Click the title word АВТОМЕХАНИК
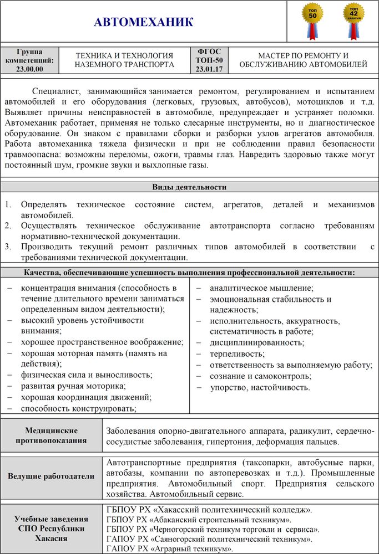coord(144,23)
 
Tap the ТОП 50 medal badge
coord(312,17)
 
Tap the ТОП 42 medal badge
coord(353,17)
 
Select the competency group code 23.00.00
coord(29,69)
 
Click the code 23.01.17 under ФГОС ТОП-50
coord(209,69)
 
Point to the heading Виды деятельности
coord(189,187)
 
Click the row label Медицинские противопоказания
coord(51,435)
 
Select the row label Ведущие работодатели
coord(51,476)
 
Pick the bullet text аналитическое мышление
coord(261,288)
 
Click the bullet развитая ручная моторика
coord(73,386)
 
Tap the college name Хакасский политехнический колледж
coord(208,509)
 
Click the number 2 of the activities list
coord(8,226)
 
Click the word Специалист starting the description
coord(57,91)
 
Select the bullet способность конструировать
coord(78,409)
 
